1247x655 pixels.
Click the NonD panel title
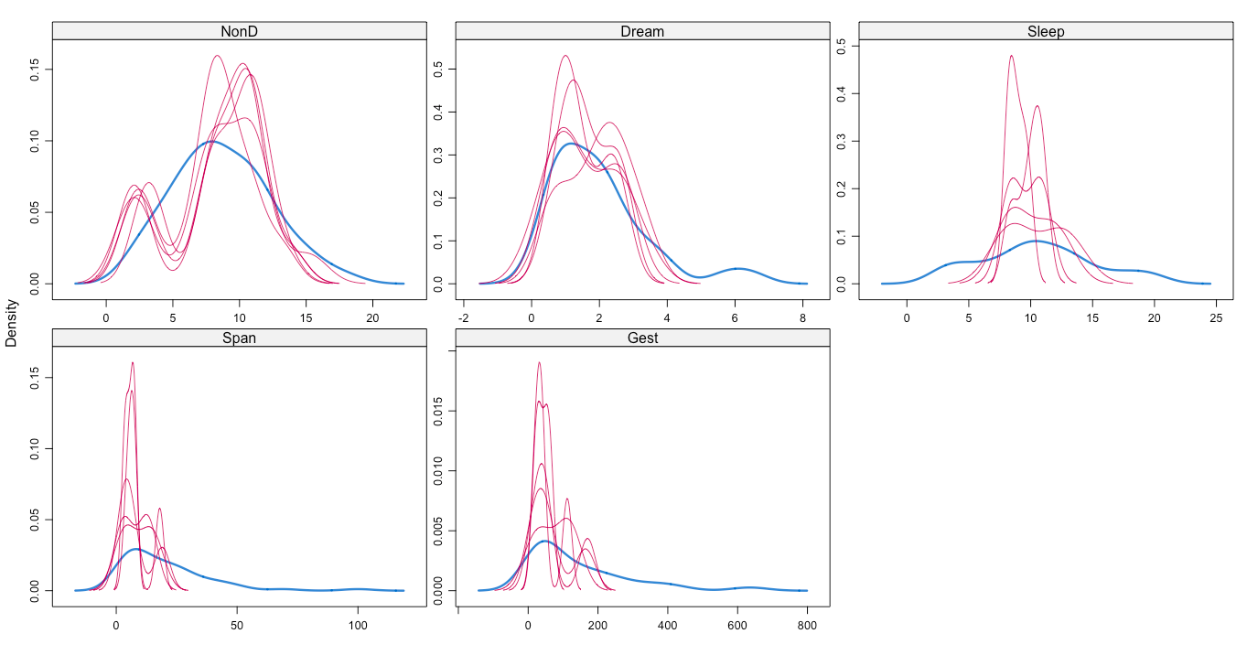coord(240,31)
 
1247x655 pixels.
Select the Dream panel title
coord(642,31)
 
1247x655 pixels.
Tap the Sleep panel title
coord(1046,31)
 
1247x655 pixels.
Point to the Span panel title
coord(240,338)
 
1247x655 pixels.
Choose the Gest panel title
coord(642,338)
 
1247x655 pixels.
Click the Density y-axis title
coord(11,325)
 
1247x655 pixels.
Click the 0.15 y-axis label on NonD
coord(35,70)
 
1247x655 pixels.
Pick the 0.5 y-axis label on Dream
coord(438,70)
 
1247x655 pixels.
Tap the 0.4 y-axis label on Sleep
coord(841,93)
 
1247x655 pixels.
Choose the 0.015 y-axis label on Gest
coord(438,413)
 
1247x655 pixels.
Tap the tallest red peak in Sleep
coord(1011,56)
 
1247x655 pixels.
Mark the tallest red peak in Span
coord(133,362)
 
